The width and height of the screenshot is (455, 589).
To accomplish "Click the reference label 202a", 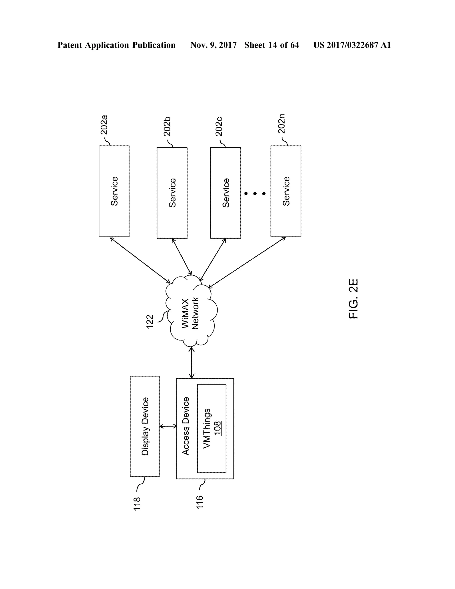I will [x=104, y=125].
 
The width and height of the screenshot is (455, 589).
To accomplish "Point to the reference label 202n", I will [x=281, y=124].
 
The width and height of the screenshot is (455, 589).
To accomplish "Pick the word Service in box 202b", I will [x=172, y=193].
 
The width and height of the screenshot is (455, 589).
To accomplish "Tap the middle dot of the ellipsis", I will [x=255, y=193].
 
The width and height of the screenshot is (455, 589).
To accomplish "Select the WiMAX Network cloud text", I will [x=190, y=313].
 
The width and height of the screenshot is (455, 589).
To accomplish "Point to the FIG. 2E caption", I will [x=353, y=299].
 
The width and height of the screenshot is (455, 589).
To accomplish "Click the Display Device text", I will [x=145, y=426].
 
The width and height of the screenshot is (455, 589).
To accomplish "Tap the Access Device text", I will [x=186, y=426].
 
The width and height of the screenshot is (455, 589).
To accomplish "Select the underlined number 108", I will [x=218, y=428].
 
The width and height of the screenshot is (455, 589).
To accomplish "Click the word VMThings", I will [x=207, y=429].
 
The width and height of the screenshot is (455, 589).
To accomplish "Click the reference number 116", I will [x=200, y=502].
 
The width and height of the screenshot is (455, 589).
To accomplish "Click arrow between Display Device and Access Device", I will [x=168, y=426].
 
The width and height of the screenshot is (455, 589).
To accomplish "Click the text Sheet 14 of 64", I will [x=272, y=45].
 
